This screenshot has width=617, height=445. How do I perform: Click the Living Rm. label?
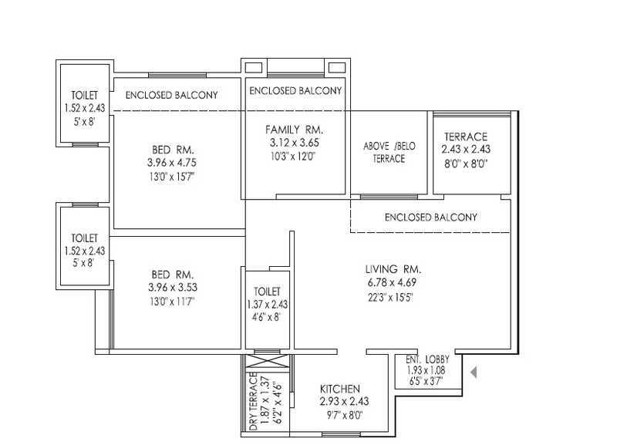[393, 269]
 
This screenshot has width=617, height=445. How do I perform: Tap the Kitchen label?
[340, 389]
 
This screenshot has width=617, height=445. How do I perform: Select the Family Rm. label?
[294, 130]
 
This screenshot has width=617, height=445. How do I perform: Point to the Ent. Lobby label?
[427, 359]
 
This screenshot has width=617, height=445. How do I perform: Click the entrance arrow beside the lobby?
[474, 372]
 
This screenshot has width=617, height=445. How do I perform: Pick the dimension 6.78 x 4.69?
[392, 282]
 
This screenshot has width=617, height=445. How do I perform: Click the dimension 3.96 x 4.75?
[172, 163]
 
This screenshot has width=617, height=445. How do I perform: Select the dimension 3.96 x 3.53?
[173, 287]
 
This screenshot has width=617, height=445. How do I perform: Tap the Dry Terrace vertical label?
[254, 401]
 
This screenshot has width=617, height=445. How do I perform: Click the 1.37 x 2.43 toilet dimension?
[267, 304]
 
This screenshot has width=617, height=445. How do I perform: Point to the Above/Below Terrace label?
[389, 152]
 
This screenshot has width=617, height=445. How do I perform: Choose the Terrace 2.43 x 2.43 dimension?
[466, 150]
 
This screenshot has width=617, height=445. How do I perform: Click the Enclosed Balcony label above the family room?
[295, 91]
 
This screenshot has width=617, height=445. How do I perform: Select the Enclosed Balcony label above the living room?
[431, 217]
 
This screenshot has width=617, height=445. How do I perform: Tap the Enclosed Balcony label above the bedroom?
[171, 95]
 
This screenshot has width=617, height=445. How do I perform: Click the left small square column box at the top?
[254, 67]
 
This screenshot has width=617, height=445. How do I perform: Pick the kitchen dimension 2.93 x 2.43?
[344, 402]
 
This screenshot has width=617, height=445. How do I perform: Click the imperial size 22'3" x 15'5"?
[390, 297]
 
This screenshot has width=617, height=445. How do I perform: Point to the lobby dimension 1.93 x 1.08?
[426, 370]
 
